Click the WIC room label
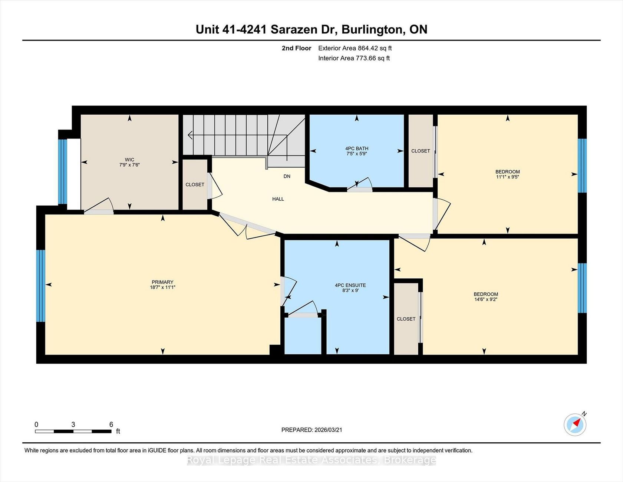(129, 160)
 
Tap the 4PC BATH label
(357, 148)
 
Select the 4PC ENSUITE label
(350, 285)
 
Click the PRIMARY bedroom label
(162, 282)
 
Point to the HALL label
(278, 199)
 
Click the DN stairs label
(287, 176)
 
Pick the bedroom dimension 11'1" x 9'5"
(508, 177)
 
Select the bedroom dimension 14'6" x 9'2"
(486, 299)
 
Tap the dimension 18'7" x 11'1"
(162, 287)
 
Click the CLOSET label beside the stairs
(195, 184)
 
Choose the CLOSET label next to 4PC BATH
(421, 151)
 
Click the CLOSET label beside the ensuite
(406, 319)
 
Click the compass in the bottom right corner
(575, 424)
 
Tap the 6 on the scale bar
(111, 424)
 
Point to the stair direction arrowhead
(190, 135)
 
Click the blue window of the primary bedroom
(41, 286)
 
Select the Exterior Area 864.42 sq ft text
(355, 48)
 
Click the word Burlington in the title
(373, 30)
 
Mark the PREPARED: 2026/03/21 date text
(312, 430)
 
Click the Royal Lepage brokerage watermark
(311, 460)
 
